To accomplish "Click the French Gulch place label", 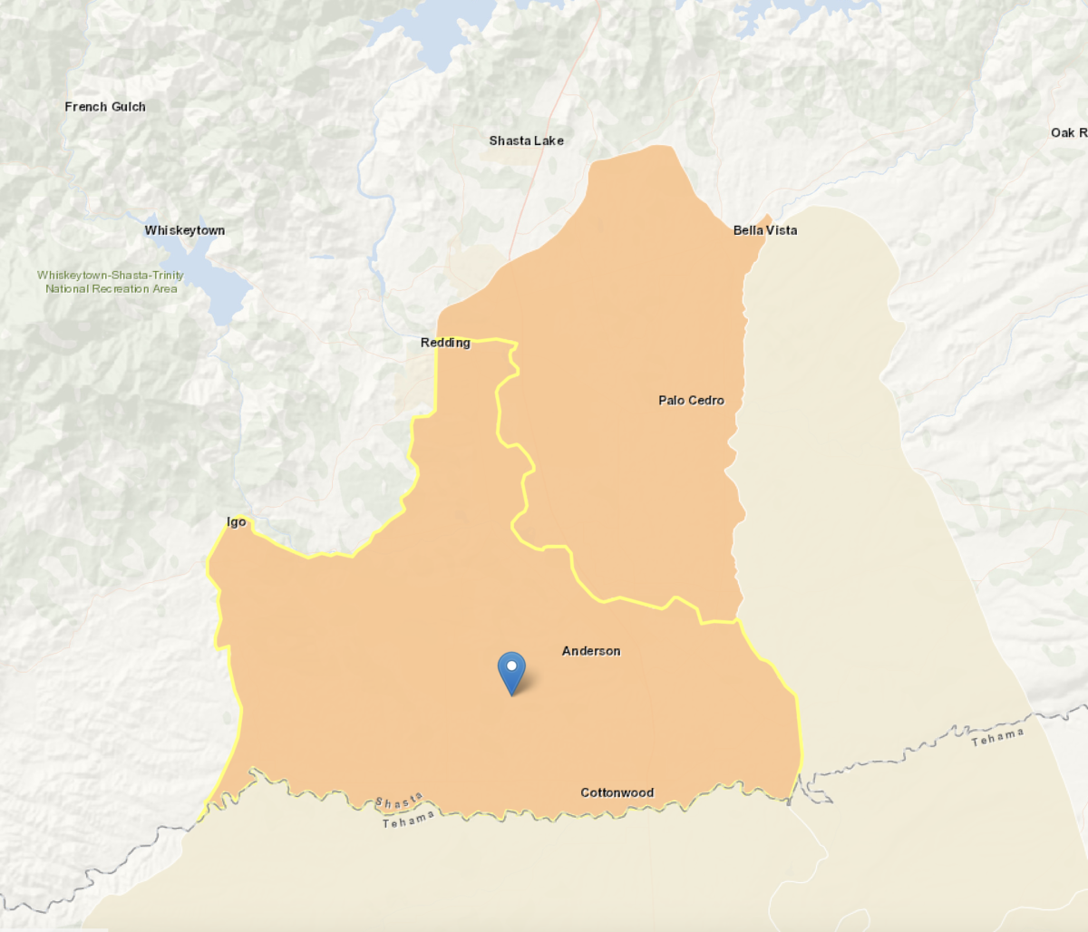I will pos(105,107).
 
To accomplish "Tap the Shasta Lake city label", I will pos(526,141).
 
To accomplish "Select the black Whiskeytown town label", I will pos(185,230).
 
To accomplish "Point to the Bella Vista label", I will pos(765,230).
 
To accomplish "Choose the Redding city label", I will pos(445,343).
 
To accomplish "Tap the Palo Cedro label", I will pos(691,400).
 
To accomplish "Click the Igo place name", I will pos(236,522).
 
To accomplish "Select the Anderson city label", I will pos(591,651).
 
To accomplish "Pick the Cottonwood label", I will pos(617,792).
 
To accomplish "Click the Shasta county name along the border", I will pos(399,801).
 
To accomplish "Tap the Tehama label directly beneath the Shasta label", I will pos(408,820).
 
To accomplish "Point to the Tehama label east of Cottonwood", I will pos(997,738).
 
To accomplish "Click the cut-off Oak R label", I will pos(1068,133).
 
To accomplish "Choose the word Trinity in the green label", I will pos(168,275).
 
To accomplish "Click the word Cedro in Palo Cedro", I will pos(706,400).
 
